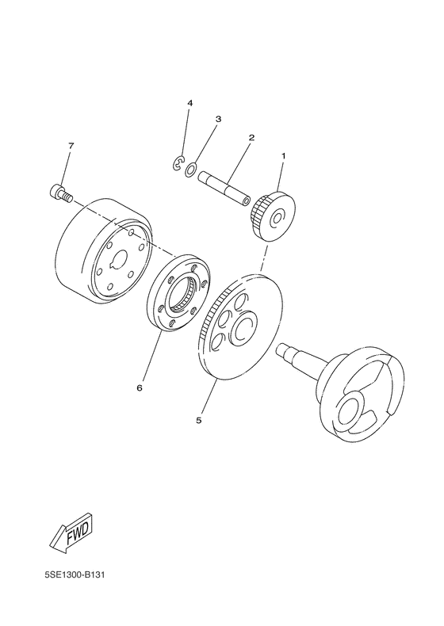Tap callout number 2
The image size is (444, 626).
[x=228, y=137]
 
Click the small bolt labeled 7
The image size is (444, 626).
[x=59, y=191]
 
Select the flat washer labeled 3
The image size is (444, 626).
[x=191, y=169]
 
